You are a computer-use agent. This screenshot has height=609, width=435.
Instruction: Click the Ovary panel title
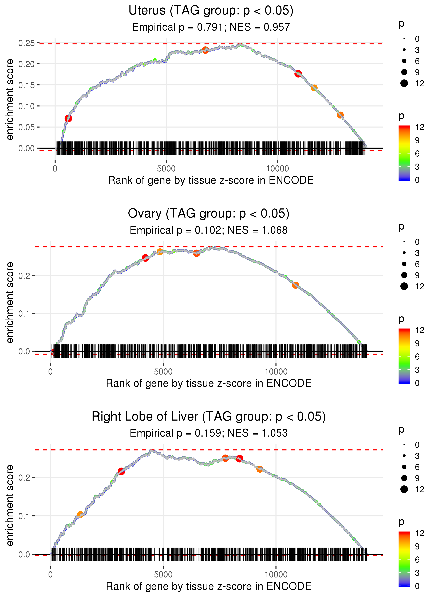coord(208,214)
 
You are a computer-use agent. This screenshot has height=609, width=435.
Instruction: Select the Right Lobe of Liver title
coord(208,417)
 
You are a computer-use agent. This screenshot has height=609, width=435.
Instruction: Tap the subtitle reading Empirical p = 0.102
coord(208,230)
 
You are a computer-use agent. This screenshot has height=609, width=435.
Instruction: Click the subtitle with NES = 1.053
coord(208,433)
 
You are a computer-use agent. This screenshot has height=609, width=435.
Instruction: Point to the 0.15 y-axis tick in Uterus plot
coord(26,85)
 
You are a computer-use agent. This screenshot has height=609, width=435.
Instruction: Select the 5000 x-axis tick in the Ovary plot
coord(163,372)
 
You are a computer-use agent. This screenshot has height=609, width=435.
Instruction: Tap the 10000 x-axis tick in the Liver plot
coord(276,575)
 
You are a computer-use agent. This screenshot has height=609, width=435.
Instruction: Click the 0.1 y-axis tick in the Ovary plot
coord(24,313)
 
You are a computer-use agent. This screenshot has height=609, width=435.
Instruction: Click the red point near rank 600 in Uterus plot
coord(68,118)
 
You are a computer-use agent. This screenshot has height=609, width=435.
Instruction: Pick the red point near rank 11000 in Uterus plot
coord(298,73)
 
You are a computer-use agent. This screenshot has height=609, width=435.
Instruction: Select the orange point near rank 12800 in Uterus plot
coord(340,115)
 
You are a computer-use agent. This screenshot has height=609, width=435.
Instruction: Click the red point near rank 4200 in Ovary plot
coord(145,258)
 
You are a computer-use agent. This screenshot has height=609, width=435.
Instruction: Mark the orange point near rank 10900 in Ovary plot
coord(295,285)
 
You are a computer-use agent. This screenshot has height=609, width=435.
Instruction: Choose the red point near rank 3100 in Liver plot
coord(121,471)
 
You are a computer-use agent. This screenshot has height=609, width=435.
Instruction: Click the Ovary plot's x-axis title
coord(208,383)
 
